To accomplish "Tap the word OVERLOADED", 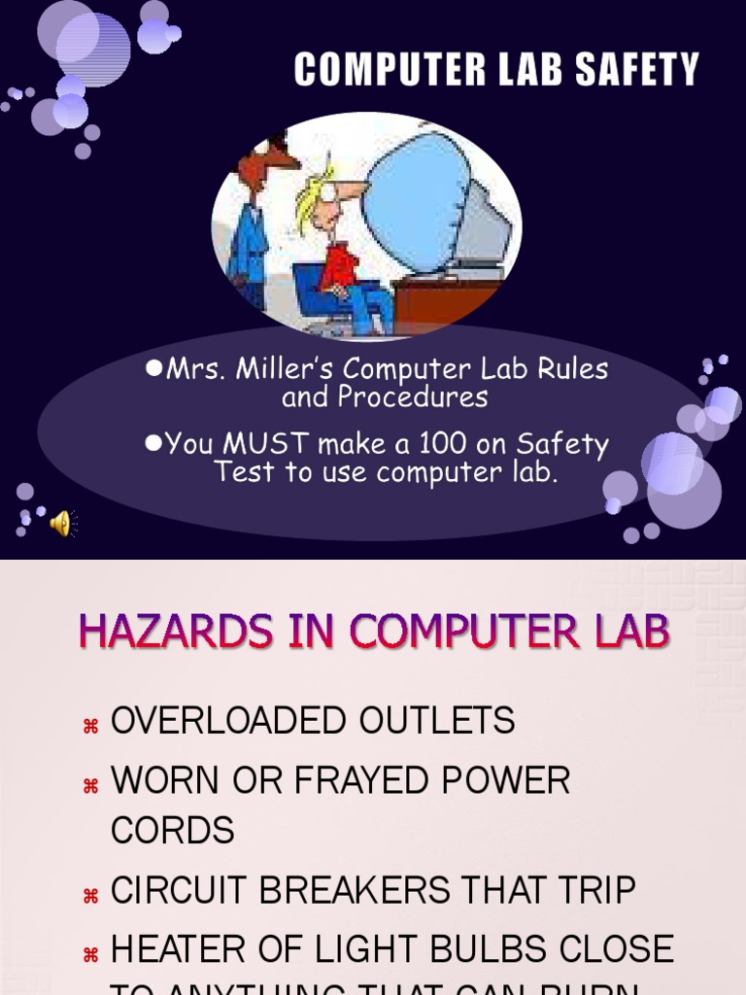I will click(x=229, y=721).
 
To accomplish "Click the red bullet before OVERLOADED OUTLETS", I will click(x=91, y=725).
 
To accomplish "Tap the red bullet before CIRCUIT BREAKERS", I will click(x=91, y=895).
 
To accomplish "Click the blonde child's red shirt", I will click(x=339, y=266).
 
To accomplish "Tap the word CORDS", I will click(x=173, y=831).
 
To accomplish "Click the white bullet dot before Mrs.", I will click(x=153, y=369).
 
